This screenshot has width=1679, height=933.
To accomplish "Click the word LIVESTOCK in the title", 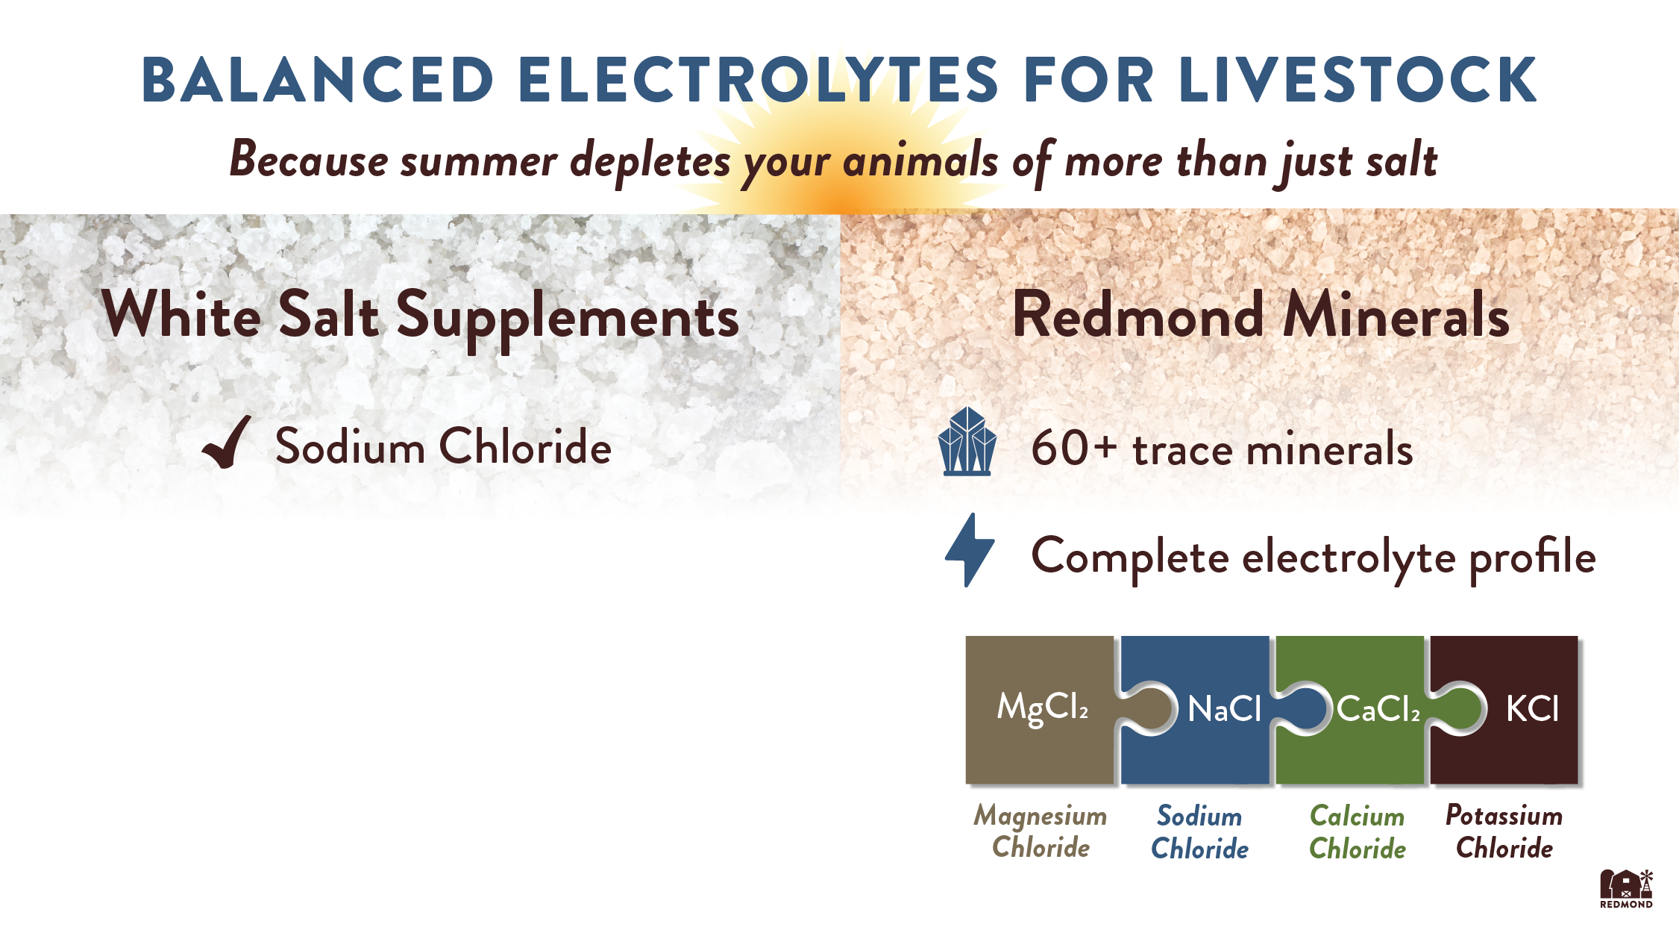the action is tap(1358, 79).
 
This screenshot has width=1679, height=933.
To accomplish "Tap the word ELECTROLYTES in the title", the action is tap(758, 79).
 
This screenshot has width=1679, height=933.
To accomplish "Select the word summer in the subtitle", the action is tap(478, 160).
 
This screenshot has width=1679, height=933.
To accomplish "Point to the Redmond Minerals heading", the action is tap(1261, 316).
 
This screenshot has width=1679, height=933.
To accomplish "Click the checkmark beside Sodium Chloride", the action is tap(226, 442).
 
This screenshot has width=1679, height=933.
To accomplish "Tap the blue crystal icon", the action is tap(967, 441).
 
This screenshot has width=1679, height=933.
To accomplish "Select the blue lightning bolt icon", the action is tap(969, 550).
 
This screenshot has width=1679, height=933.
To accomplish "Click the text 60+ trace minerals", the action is tap(1222, 449).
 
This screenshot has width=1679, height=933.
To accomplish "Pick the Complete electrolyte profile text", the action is tap(1314, 558).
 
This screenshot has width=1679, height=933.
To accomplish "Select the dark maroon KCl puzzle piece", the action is tap(1514, 709).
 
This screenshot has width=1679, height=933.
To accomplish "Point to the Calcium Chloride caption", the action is tap(1358, 832).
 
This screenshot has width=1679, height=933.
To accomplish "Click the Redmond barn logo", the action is tap(1626, 888).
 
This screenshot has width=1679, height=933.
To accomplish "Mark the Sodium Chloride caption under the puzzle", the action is tap(1199, 832).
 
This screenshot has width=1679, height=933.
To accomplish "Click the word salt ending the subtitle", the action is tap(1402, 159).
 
